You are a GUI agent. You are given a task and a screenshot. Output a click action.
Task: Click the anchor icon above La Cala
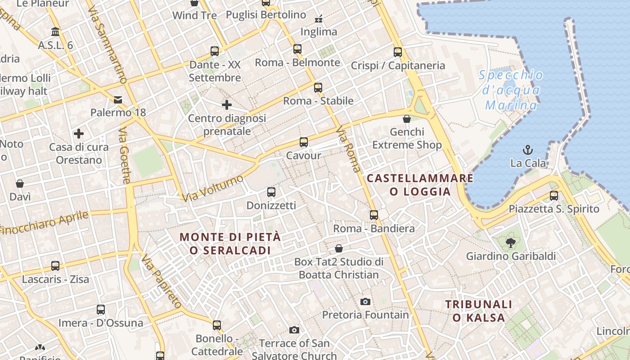pyautogui.click(x=527, y=149)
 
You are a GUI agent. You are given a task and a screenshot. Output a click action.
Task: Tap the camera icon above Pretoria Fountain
pyautogui.click(x=365, y=301)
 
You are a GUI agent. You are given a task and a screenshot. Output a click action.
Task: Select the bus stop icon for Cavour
pyautogui.click(x=304, y=142)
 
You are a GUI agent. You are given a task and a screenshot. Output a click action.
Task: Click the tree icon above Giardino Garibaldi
pyautogui.click(x=510, y=243)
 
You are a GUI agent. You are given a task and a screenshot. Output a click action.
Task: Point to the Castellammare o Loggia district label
pyautogui.click(x=420, y=185)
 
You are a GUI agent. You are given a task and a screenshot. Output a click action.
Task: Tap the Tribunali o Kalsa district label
pyautogui.click(x=479, y=311)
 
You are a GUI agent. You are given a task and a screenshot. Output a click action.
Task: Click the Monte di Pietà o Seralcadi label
pyautogui.click(x=230, y=243)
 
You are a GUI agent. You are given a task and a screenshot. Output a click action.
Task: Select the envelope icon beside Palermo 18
pyautogui.click(x=118, y=99)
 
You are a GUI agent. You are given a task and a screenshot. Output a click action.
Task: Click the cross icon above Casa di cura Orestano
pyautogui.click(x=79, y=134)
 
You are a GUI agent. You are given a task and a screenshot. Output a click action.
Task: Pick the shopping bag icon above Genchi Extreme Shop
pyautogui.click(x=407, y=119)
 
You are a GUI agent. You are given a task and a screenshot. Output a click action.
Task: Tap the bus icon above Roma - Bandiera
pyautogui.click(x=374, y=215)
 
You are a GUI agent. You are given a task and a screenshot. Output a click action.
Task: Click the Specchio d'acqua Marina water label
pyautogui.click(x=511, y=90)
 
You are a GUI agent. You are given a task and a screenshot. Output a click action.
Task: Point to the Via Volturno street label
pyautogui.click(x=213, y=188)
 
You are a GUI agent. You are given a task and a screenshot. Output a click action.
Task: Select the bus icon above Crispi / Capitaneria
pyautogui.click(x=398, y=52)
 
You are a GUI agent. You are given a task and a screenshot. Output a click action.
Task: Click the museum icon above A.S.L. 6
pyautogui.click(x=55, y=32)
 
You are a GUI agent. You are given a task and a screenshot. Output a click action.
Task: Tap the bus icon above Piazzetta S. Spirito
pyautogui.click(x=554, y=196)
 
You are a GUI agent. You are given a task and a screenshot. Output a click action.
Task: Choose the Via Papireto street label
pyautogui.click(x=161, y=282)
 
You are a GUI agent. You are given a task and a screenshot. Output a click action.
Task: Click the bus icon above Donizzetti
pyautogui.click(x=271, y=192)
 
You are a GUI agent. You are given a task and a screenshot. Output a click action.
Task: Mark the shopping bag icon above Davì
pyautogui.click(x=20, y=184)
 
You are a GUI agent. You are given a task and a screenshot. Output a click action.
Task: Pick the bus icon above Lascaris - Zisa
pyautogui.click(x=55, y=266)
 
